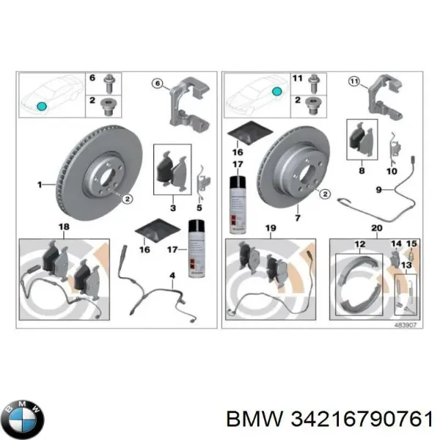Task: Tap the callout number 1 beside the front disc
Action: tap(41, 186)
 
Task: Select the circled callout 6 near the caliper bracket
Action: tap(157, 85)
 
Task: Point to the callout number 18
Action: tap(63, 229)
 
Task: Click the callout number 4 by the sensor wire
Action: tap(172, 277)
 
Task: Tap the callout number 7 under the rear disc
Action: tap(298, 218)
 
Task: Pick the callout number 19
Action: tap(271, 229)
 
